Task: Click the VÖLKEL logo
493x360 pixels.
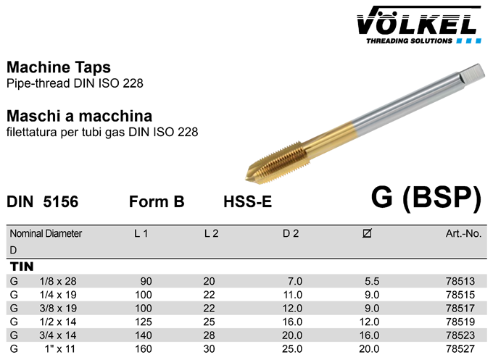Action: (x=419, y=25)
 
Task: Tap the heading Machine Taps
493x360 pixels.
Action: (x=59, y=67)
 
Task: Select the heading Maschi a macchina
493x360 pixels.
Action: (x=79, y=116)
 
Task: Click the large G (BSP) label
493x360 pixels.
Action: (x=426, y=198)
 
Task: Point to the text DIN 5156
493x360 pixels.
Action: (x=43, y=201)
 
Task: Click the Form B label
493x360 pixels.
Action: (x=157, y=201)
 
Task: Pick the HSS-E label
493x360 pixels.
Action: (x=247, y=201)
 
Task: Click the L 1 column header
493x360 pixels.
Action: (x=141, y=233)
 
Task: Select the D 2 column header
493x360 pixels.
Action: (x=291, y=233)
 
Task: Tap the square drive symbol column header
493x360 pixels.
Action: (x=367, y=233)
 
